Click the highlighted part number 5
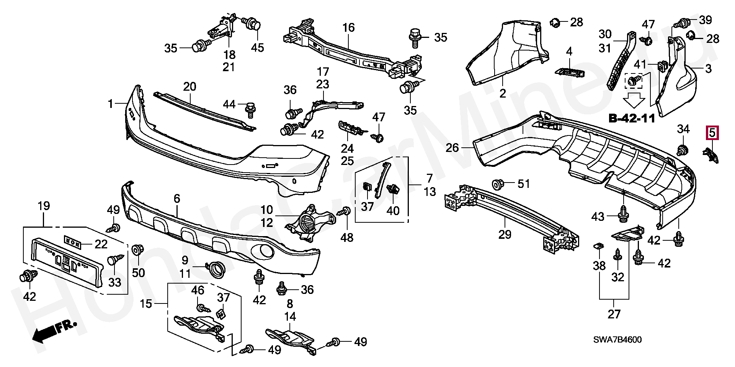coord(712,133)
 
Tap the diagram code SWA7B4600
coord(618,340)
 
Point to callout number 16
coord(348,28)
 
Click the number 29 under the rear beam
coord(505,234)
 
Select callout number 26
coord(452,147)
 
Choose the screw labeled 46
coord(202,308)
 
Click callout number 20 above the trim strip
coord(189,86)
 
